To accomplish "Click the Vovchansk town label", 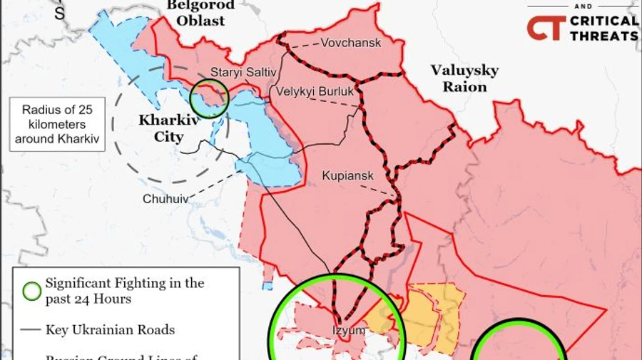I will tap(350, 43).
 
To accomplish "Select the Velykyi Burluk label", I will tap(315, 91).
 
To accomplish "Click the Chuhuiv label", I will tap(165, 199).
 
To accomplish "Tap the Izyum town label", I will tap(348, 331).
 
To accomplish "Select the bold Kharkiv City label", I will tap(168, 129).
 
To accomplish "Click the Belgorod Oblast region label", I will tap(200, 13).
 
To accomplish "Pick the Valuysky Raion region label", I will tap(464, 78).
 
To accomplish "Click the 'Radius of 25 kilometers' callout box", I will tap(59, 124).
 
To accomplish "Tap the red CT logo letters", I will tap(546, 28).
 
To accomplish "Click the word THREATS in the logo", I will tap(603, 35).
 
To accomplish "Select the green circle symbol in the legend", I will tap(31, 291).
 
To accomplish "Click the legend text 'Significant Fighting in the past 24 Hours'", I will tap(124, 291).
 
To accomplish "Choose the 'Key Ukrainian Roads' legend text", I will tap(110, 329).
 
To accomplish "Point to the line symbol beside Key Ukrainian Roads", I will tap(31, 329).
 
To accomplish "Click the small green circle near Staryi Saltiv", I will tap(210, 97).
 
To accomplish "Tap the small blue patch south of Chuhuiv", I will tap(267, 285).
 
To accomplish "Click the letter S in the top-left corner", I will tap(60, 12).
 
